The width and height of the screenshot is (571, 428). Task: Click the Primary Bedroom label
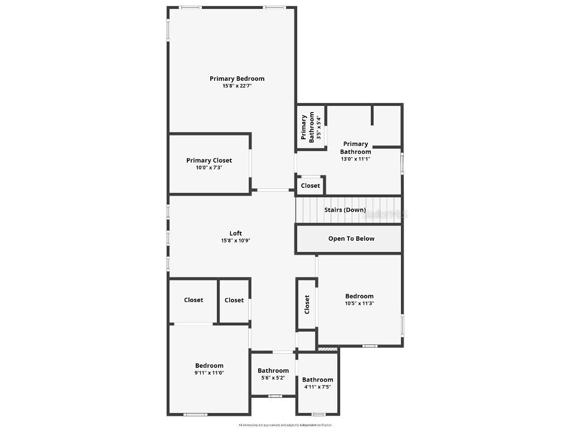pyautogui.click(x=237, y=79)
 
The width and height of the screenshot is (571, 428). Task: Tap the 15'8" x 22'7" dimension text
pyautogui.click(x=237, y=86)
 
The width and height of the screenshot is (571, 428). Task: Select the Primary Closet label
pyautogui.click(x=209, y=160)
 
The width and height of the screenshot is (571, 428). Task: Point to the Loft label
pyautogui.click(x=236, y=234)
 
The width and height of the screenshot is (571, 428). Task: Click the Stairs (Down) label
pyautogui.click(x=345, y=210)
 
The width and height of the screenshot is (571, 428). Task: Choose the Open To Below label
pyautogui.click(x=351, y=239)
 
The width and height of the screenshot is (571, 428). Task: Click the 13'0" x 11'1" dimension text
pyautogui.click(x=356, y=159)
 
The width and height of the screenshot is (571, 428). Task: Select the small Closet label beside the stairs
pyautogui.click(x=311, y=186)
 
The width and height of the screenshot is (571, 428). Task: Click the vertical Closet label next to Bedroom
pyautogui.click(x=307, y=304)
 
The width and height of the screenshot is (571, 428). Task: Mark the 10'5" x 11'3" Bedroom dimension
pyautogui.click(x=359, y=304)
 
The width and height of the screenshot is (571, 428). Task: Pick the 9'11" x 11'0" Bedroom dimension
pyautogui.click(x=209, y=373)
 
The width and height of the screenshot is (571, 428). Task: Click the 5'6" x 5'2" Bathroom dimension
pyautogui.click(x=273, y=378)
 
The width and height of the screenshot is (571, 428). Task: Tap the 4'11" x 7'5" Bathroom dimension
pyautogui.click(x=318, y=387)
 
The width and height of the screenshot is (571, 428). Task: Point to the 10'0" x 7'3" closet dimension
pyautogui.click(x=209, y=168)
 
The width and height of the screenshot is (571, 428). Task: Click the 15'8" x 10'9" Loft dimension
pyautogui.click(x=236, y=241)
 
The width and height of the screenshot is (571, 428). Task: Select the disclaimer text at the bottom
pyautogui.click(x=285, y=425)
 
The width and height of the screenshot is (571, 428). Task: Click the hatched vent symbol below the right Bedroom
pyautogui.click(x=328, y=349)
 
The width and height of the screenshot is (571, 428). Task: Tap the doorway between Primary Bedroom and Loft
pyautogui.click(x=273, y=191)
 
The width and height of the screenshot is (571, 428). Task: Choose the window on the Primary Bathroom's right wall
pyautogui.click(x=402, y=164)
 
